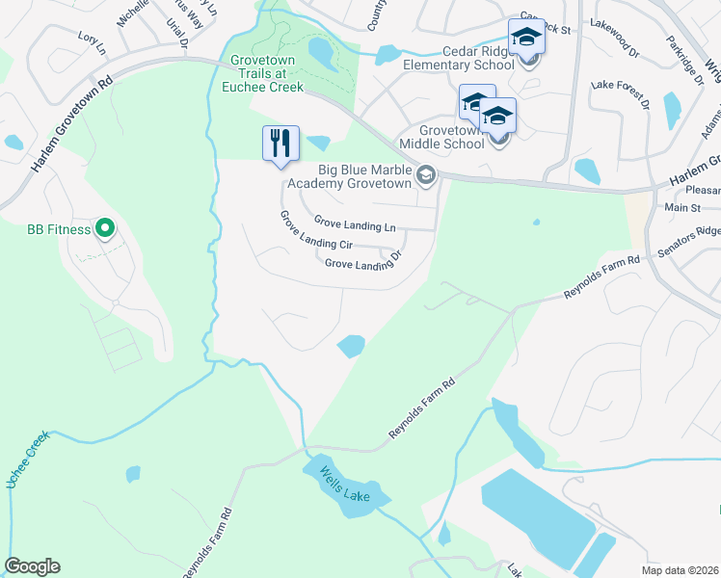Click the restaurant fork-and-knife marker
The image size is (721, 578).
280,144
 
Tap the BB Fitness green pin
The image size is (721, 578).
106,229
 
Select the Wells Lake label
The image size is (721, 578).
345,486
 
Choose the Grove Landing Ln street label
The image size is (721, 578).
355,226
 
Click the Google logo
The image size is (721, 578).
32,566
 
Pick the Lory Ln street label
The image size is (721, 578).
92,40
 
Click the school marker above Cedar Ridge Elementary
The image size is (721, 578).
526,38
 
